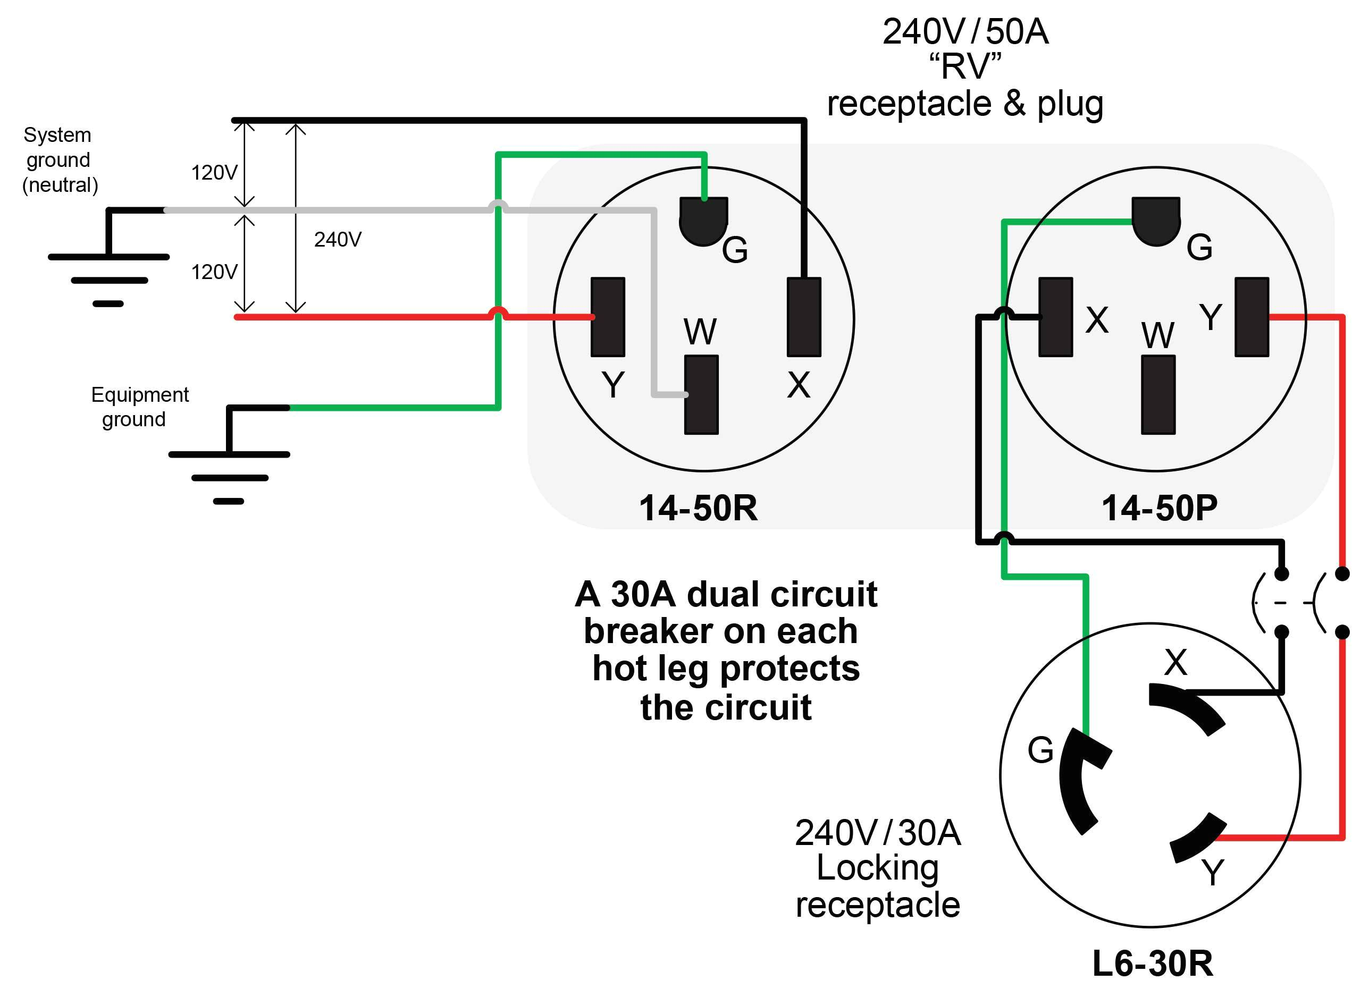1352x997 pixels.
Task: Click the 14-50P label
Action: [1159, 508]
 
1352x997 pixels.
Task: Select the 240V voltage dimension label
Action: [338, 240]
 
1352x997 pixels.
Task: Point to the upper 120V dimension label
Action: [214, 173]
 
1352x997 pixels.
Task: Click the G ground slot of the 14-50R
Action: [703, 220]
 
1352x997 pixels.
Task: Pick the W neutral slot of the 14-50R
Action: [701, 394]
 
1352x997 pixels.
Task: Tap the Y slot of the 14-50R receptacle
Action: [607, 317]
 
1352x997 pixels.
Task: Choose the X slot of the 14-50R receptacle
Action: [803, 317]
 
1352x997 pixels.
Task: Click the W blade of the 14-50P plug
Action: [1157, 394]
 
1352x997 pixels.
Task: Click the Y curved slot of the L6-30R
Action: [1198, 839]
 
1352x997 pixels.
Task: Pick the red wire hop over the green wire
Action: [498, 312]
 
